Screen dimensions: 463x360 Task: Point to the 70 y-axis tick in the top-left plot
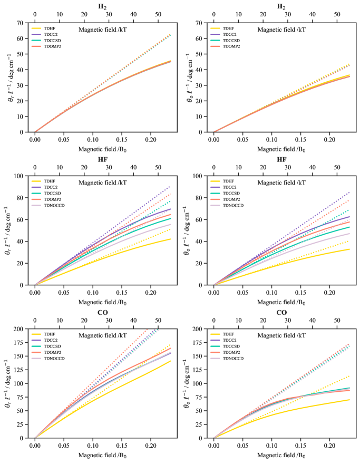click(x=23, y=23)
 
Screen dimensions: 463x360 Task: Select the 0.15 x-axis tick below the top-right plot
click(x=300, y=139)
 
